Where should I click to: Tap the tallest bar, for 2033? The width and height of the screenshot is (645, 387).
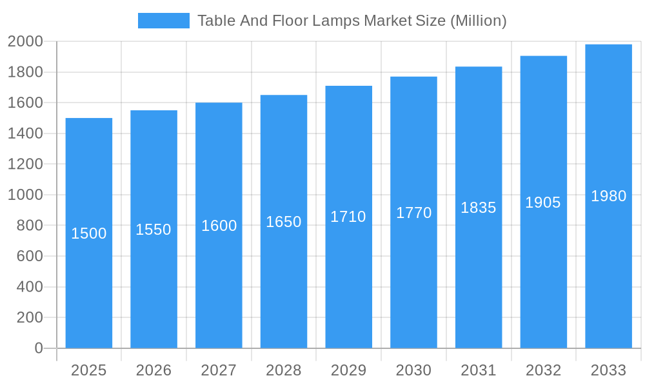click(x=608, y=271)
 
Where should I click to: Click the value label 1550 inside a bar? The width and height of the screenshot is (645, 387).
click(x=154, y=230)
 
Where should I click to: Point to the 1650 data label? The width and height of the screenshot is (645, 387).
click(x=284, y=222)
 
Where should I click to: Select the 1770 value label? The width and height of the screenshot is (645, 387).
click(x=413, y=213)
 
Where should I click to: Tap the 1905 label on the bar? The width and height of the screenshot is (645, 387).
click(x=543, y=203)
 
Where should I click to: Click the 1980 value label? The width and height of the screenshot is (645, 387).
click(x=608, y=196)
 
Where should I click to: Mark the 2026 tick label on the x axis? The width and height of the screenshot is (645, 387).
click(x=154, y=370)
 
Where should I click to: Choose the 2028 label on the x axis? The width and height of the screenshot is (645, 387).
click(x=284, y=370)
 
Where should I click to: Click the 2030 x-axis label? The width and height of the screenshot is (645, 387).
click(x=413, y=370)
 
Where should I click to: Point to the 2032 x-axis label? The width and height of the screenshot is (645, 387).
click(x=543, y=370)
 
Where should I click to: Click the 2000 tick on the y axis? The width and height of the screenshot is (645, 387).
click(x=25, y=41)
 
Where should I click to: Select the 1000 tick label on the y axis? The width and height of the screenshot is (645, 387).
click(x=25, y=195)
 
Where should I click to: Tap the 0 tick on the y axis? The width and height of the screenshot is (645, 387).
click(x=39, y=348)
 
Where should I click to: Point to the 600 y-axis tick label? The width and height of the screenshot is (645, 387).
click(x=29, y=256)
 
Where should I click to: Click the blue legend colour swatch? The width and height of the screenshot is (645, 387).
click(x=164, y=21)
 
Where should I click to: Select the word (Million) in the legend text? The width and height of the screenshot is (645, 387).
click(x=478, y=21)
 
